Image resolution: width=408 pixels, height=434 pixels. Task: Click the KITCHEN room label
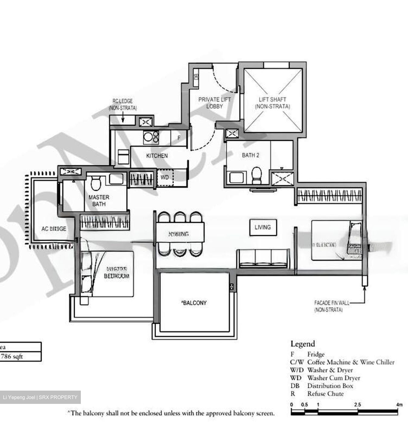click(157, 156)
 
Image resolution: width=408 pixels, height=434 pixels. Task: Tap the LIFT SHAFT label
click(272, 103)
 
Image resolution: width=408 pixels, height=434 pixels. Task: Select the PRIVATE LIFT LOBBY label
click(214, 103)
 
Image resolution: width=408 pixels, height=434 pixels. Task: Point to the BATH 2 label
click(250, 155)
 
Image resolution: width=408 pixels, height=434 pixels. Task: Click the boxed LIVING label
click(263, 227)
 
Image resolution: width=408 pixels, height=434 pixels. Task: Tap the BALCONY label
click(194, 303)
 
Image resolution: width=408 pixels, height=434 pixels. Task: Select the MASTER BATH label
click(99, 201)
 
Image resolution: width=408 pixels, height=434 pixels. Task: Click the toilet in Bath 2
click(257, 175)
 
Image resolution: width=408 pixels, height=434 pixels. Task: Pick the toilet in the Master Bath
click(96, 184)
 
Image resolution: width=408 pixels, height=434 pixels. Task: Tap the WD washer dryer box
click(164, 178)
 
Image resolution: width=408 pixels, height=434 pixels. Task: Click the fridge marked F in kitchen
click(179, 138)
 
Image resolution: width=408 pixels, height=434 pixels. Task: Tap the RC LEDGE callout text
click(122, 104)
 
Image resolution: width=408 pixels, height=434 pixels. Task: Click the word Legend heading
click(302, 344)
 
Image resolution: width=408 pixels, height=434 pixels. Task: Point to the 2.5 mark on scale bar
click(357, 404)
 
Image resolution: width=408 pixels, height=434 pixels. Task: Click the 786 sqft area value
click(12, 356)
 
